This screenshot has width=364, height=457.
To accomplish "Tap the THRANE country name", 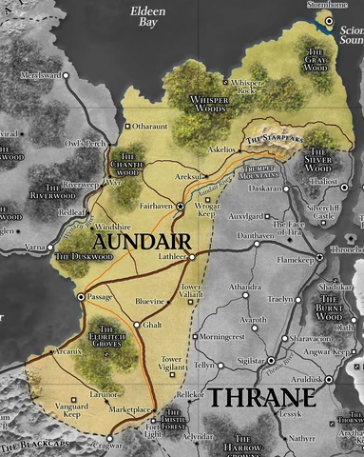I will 259,396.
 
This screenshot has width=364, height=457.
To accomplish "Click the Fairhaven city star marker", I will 182,207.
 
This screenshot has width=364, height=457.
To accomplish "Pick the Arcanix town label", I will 68,351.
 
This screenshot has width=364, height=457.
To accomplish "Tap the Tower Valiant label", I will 192,291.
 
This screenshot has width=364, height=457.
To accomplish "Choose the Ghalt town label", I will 153,326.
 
